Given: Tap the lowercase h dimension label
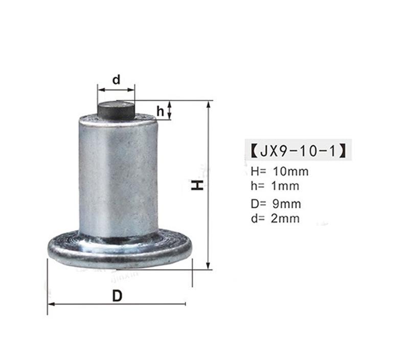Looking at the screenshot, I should pos(161,111).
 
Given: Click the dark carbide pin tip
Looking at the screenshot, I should pos(116,108).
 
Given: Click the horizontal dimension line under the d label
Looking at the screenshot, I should pos(116,89).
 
